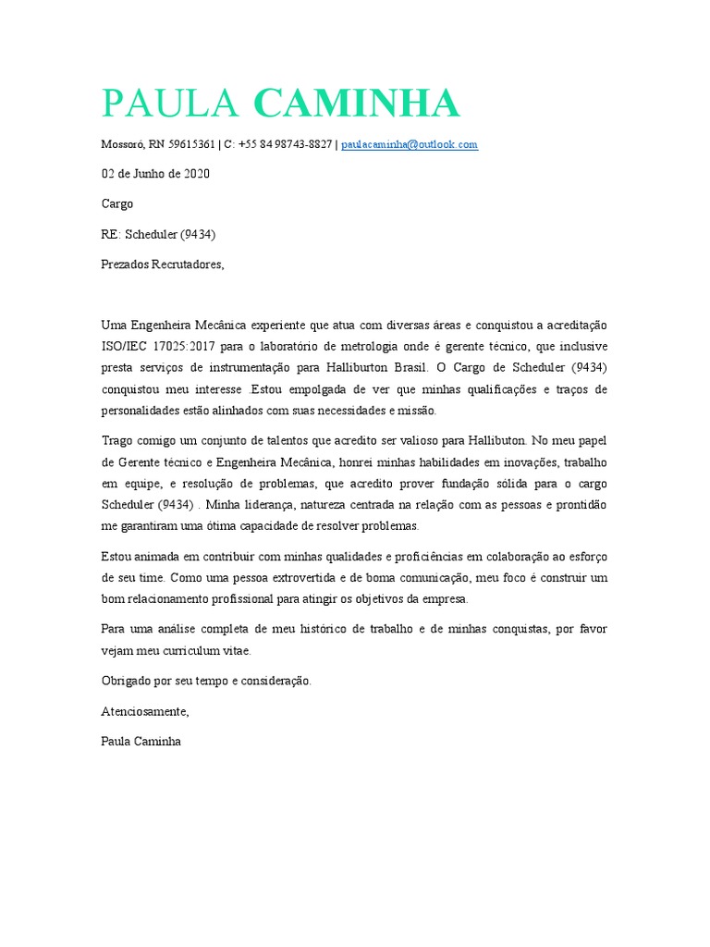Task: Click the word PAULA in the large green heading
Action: pyautogui.click(x=172, y=104)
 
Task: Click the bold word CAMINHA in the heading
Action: pyautogui.click(x=356, y=104)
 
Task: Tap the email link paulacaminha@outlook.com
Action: pyautogui.click(x=410, y=145)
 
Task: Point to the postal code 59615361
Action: pyautogui.click(x=191, y=145)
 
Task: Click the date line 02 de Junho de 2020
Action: pyautogui.click(x=155, y=174)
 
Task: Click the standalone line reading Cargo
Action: pyautogui.click(x=116, y=203)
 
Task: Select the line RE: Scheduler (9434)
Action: pyautogui.click(x=158, y=234)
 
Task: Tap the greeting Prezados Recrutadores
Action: pyautogui.click(x=162, y=264)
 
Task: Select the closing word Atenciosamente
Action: pyautogui.click(x=144, y=711)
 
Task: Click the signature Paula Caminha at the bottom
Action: pyautogui.click(x=141, y=741)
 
